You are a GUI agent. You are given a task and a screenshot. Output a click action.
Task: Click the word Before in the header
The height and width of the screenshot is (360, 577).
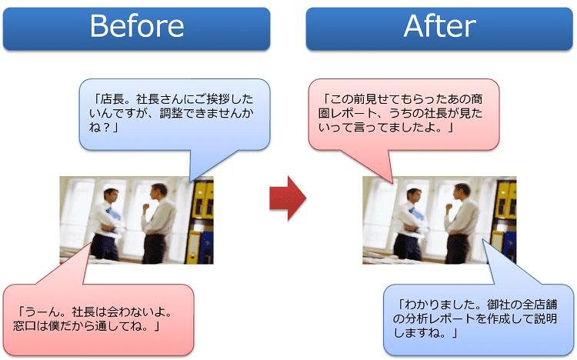137,26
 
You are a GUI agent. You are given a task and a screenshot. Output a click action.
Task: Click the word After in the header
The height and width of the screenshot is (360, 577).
440,26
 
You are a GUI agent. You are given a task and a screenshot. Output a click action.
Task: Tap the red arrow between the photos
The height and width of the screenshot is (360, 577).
288,198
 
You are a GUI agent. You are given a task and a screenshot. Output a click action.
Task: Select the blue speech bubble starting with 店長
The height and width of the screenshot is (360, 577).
175,115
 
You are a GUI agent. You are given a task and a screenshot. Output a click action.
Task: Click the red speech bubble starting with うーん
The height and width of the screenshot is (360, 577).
98,319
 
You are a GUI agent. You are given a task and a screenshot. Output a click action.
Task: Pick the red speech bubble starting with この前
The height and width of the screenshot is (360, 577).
404,115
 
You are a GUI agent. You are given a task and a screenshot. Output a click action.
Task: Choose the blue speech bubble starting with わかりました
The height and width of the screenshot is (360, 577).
479,319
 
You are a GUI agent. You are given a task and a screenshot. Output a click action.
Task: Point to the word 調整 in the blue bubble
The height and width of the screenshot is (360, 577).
171,113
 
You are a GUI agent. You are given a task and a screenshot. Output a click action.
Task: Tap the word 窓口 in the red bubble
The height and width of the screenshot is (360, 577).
25,326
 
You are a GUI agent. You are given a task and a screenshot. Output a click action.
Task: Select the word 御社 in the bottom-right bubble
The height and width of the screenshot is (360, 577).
499,305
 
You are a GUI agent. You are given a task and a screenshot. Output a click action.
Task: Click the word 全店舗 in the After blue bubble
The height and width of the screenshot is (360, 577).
540,305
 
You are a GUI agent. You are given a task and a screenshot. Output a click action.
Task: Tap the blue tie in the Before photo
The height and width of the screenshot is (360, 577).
113,214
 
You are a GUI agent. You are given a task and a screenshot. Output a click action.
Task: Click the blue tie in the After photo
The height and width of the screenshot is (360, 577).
416,214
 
